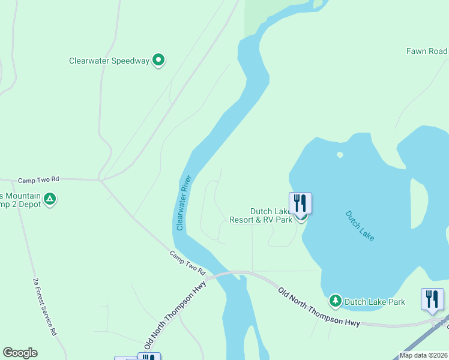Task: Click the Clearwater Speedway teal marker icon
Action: click(158, 60)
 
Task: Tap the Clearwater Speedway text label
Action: click(109, 61)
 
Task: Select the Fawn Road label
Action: click(427, 52)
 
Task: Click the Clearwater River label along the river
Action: click(184, 202)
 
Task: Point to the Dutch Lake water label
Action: click(360, 226)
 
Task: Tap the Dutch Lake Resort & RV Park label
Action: click(261, 215)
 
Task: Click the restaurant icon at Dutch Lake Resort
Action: click(300, 203)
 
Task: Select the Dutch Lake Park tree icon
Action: click(335, 299)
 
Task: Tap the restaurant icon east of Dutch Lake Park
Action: click(432, 299)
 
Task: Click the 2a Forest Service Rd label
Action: click(45, 307)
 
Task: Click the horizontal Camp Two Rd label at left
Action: click(38, 179)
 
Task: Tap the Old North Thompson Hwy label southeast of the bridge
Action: click(319, 307)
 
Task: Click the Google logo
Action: click(20, 353)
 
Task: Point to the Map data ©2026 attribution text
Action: click(423, 355)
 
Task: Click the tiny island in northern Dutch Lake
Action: click(340, 155)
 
